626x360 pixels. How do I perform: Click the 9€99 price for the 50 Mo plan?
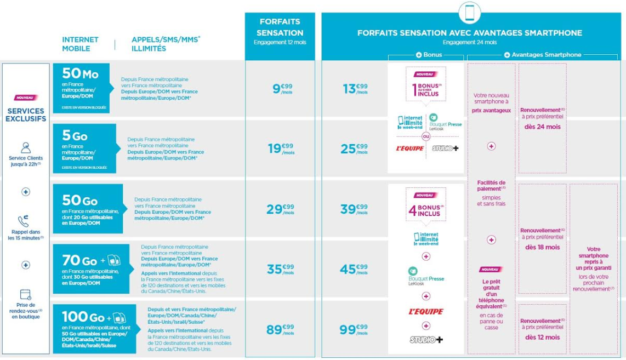283,88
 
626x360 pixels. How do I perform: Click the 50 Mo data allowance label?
80,73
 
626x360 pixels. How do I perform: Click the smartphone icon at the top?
469,13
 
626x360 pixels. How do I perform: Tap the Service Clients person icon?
25,147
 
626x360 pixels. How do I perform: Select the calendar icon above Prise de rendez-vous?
25,295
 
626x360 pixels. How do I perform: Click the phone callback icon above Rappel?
25,221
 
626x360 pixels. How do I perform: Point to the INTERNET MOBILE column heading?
80,44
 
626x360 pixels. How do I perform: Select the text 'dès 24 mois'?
543,127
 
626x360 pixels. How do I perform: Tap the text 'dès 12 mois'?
543,338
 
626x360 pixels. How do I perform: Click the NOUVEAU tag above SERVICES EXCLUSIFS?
25,98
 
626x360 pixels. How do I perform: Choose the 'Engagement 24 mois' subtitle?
469,42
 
